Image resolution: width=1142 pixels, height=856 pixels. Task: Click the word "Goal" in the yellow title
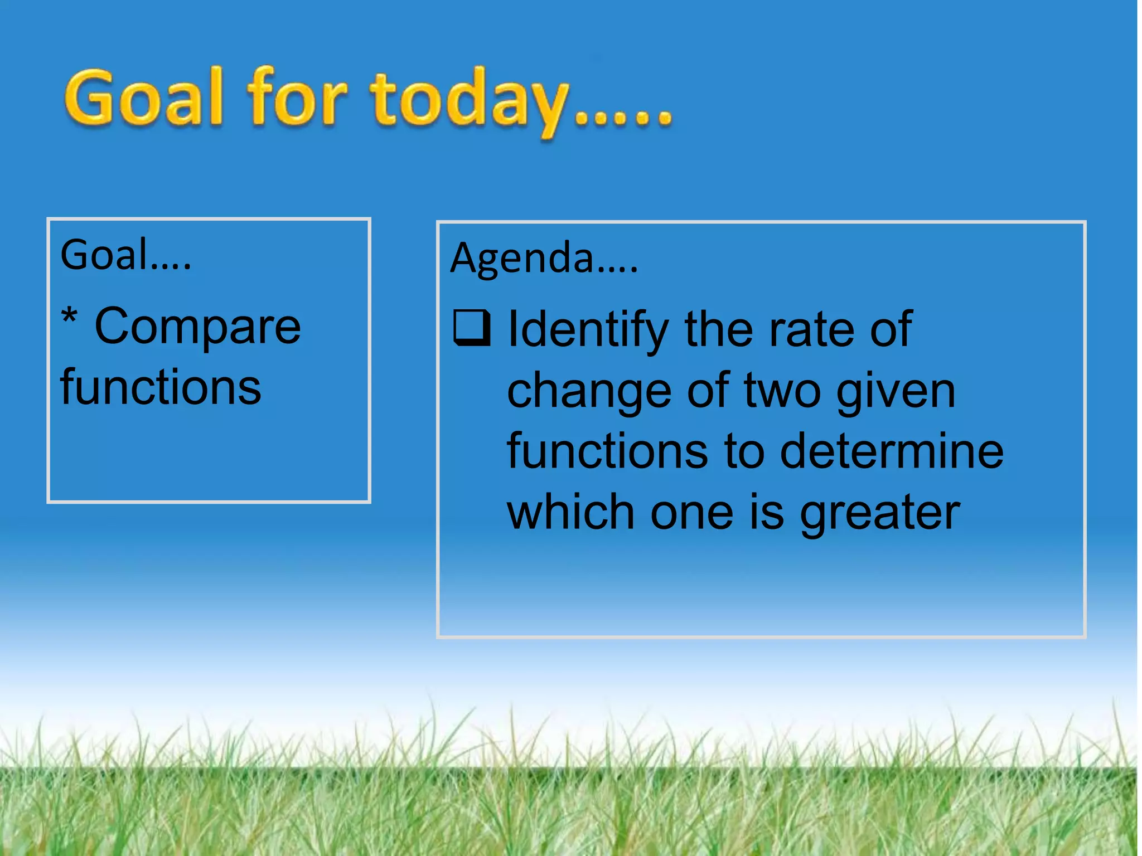[x=144, y=99]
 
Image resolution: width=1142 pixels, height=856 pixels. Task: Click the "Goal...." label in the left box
[x=125, y=255]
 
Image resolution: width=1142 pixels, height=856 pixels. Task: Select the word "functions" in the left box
[x=161, y=387]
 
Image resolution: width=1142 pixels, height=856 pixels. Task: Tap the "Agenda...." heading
[x=544, y=259]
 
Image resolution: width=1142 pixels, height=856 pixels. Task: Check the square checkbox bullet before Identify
[x=472, y=328]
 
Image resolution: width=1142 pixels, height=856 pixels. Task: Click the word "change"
[x=589, y=392]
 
